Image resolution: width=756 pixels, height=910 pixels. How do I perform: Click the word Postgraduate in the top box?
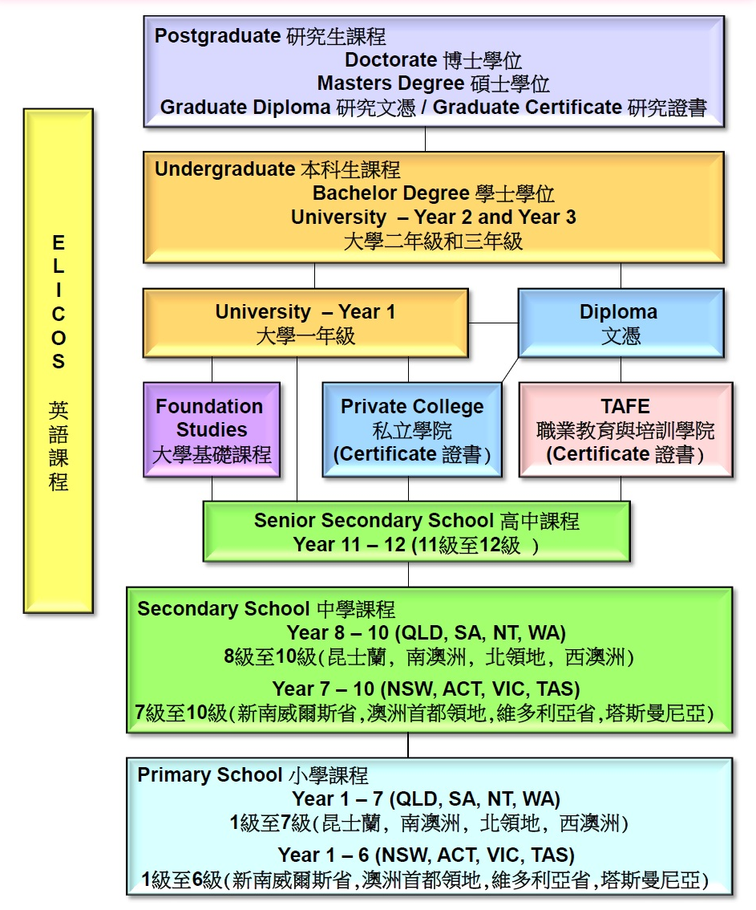[x=218, y=36]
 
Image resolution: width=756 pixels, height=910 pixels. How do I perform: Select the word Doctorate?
[x=390, y=59]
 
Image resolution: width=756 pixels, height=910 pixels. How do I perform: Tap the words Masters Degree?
[x=390, y=83]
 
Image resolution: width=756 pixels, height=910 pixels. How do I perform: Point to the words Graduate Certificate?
[x=528, y=108]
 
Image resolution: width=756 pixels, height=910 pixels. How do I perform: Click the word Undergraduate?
[x=225, y=169]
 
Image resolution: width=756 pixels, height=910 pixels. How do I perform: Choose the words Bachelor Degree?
[x=391, y=193]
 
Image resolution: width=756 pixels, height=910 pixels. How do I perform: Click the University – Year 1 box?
[x=305, y=323]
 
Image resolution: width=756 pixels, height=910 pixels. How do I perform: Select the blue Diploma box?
[x=621, y=323]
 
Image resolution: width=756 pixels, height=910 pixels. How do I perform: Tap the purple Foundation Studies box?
[x=212, y=430]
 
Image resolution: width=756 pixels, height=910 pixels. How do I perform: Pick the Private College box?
[x=412, y=430]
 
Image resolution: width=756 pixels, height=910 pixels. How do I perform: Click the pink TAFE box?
[x=626, y=430]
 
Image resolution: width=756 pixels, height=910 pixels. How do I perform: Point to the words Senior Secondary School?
[x=374, y=521]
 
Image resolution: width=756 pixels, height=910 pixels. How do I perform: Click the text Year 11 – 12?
[x=350, y=545]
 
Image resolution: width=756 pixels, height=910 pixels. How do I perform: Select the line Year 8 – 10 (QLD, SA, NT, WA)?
[x=427, y=632]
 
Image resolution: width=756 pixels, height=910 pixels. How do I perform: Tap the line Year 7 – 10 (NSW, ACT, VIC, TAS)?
[x=427, y=689]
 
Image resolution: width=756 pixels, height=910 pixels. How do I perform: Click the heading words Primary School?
[x=210, y=774]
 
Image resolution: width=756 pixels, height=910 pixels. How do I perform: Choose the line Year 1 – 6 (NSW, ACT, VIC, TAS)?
[x=427, y=855]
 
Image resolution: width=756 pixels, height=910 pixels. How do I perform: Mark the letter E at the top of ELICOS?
[x=59, y=242]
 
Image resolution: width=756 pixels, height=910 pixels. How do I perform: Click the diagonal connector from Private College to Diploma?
[x=510, y=370]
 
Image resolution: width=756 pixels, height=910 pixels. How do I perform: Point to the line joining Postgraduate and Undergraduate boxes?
[x=425, y=140]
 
